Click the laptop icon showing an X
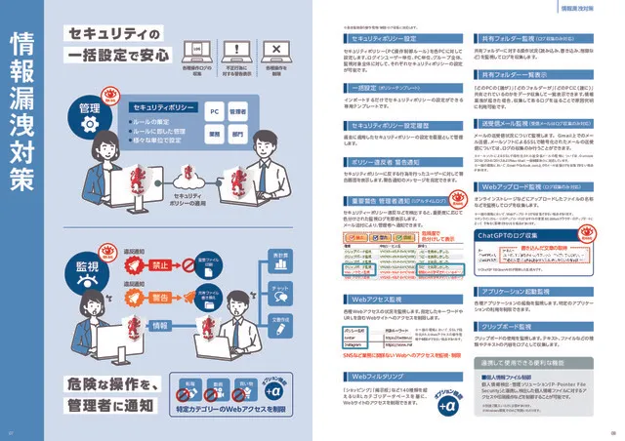[276, 50]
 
